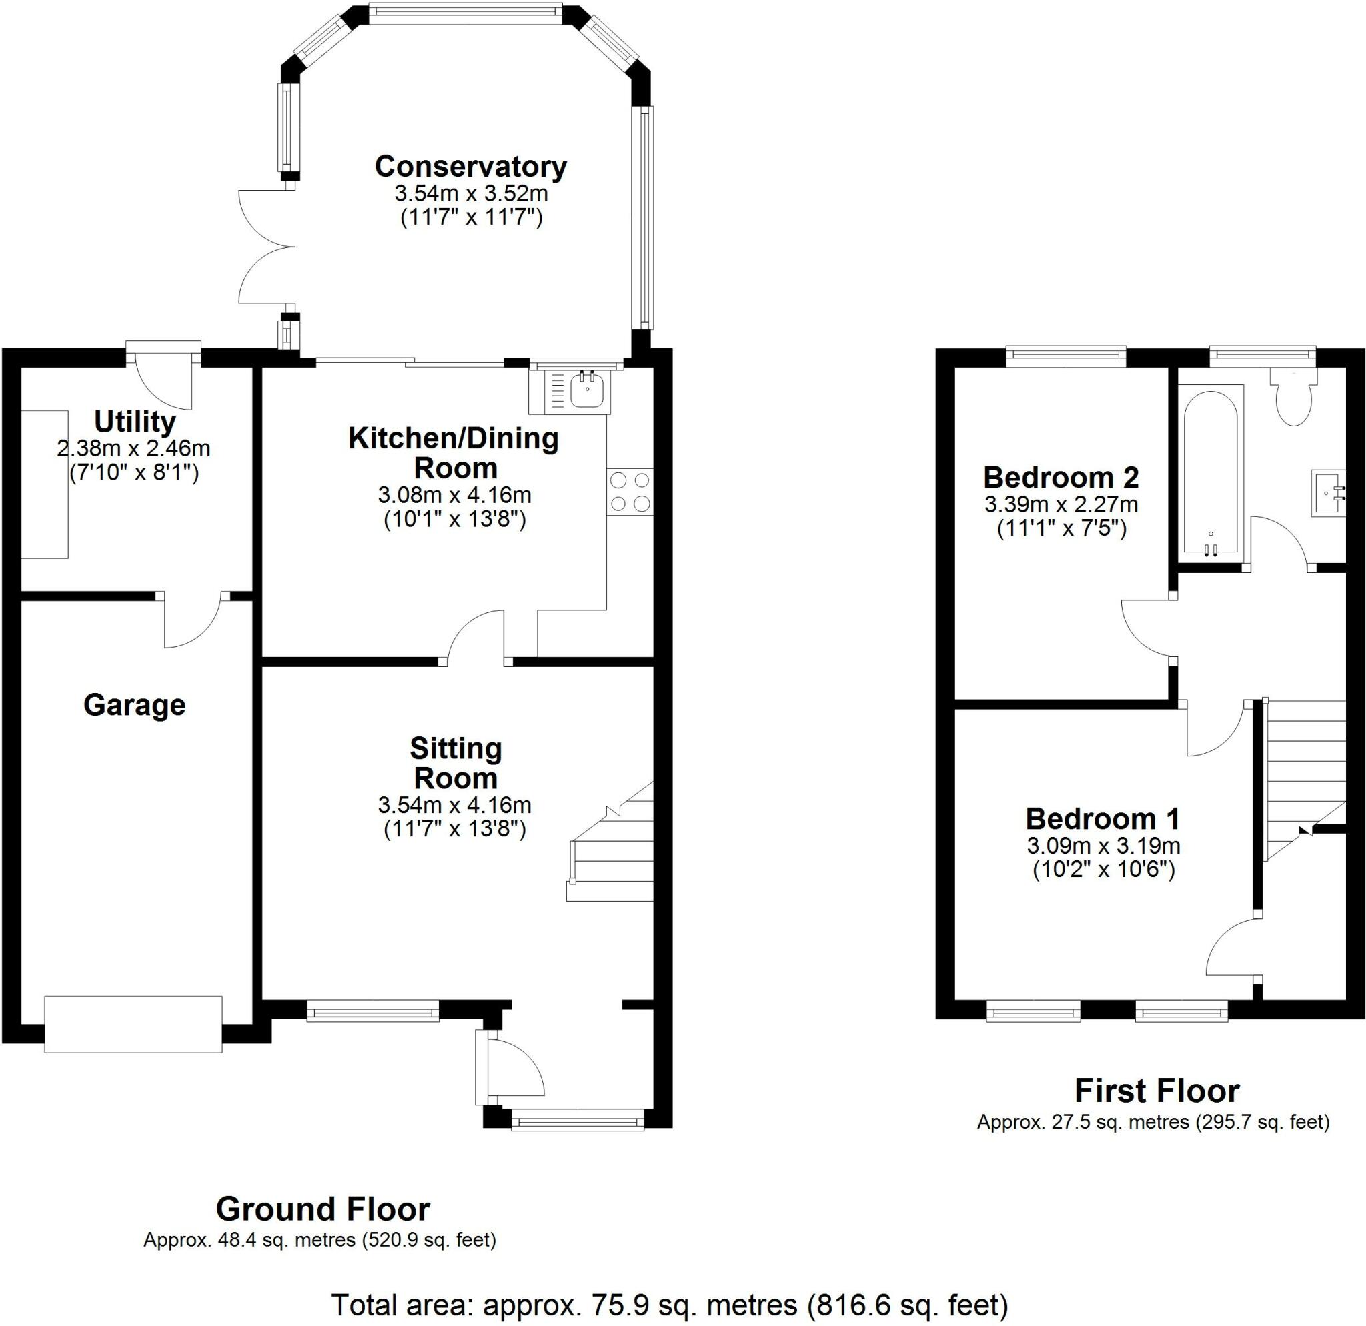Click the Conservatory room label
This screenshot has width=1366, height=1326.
(470, 167)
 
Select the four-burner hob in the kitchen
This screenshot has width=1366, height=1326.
(630, 492)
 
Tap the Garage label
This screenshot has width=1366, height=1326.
(135, 705)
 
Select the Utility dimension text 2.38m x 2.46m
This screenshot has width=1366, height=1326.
(134, 448)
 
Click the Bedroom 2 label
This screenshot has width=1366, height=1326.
(1061, 478)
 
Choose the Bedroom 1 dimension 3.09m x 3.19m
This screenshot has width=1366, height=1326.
(1103, 846)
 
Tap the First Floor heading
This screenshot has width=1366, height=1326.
(1157, 1091)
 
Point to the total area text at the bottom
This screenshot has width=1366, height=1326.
(670, 1304)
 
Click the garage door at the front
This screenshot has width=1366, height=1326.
(133, 1025)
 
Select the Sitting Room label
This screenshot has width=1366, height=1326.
(456, 763)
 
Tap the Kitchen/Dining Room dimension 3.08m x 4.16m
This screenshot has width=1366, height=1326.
(454, 495)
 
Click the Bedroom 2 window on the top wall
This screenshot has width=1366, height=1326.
(1067, 356)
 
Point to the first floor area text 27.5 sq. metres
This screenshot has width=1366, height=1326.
(1153, 1122)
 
